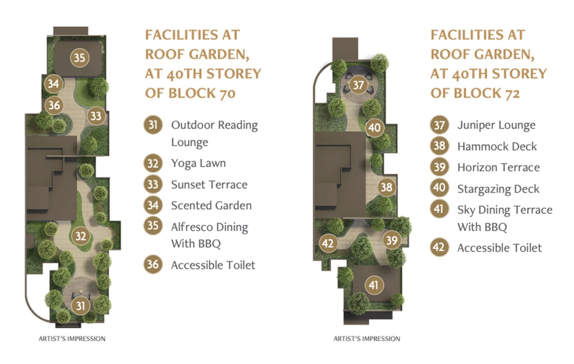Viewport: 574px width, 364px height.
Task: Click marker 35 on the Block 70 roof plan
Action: click(80, 58)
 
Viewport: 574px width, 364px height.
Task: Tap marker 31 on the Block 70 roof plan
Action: click(81, 305)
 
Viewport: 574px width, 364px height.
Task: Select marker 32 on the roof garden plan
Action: click(81, 236)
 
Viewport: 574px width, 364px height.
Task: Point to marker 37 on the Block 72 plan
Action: click(358, 85)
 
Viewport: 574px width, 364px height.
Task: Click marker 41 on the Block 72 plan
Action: click(373, 285)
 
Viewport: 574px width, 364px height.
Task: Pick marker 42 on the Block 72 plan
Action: click(328, 243)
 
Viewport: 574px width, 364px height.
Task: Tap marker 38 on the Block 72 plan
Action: click(387, 187)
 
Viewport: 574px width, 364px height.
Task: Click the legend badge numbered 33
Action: click(153, 184)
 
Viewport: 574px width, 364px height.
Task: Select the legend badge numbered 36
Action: click(153, 264)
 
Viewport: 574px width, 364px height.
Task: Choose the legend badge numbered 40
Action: click(439, 188)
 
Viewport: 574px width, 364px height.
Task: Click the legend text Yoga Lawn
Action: click(199, 163)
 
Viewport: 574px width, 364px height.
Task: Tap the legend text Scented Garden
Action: click(211, 206)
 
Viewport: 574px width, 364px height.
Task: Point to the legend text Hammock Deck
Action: click(497, 146)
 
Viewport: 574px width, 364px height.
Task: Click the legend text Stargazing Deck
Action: click(498, 189)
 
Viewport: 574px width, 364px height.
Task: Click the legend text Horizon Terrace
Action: click(499, 168)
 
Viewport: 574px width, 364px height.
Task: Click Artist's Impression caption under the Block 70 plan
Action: click(72, 339)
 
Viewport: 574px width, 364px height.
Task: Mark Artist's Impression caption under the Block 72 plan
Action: click(367, 339)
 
